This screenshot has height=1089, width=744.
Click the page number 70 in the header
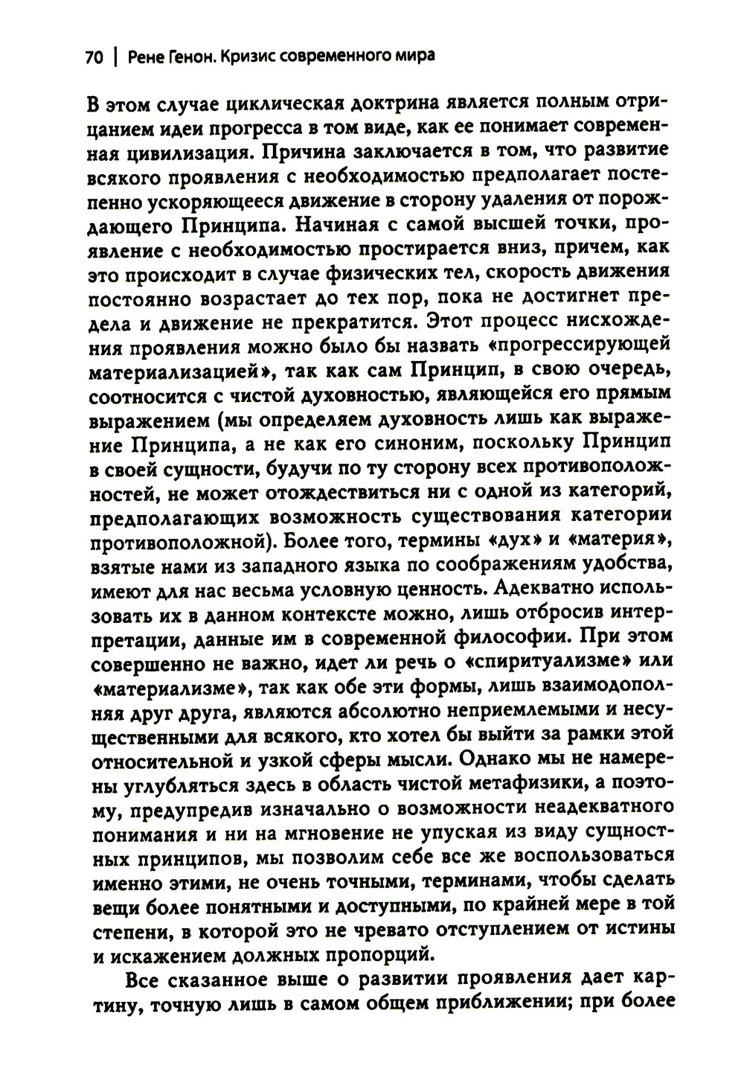[x=94, y=58]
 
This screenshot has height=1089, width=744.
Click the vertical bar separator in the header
[x=115, y=58]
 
